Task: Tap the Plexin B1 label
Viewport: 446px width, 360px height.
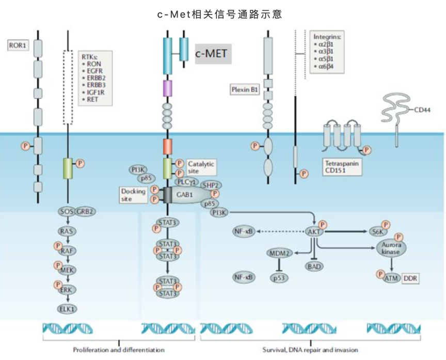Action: tap(244, 90)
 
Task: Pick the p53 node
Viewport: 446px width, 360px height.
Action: tap(279, 277)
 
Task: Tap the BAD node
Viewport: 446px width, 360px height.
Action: tap(313, 266)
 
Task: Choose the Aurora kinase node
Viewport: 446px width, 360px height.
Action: tap(391, 248)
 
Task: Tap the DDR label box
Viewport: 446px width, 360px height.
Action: tap(411, 278)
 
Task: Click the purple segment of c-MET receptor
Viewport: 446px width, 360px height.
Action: tap(167, 88)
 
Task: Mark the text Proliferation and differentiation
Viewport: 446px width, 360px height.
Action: tap(119, 350)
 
